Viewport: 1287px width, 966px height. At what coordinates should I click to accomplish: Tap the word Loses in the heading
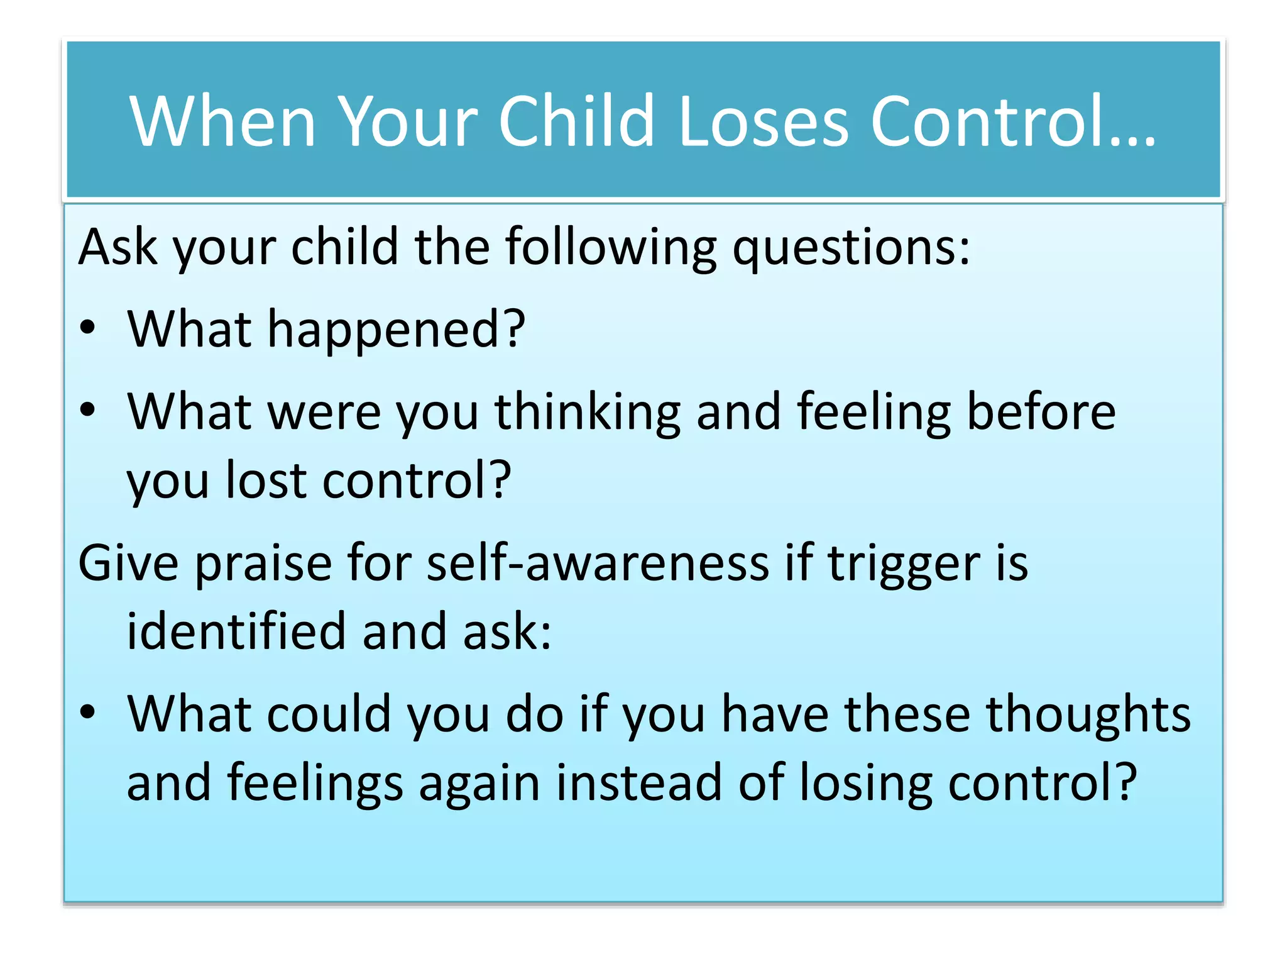[x=763, y=121]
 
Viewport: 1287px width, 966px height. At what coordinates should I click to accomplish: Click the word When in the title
[x=222, y=121]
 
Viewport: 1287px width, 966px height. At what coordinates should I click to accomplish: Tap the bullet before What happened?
[x=88, y=327]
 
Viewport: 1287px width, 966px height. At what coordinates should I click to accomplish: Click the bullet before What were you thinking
[x=88, y=409]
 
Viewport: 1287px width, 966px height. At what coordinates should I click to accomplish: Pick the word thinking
[x=587, y=413]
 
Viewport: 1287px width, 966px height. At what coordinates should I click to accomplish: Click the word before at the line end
[x=1041, y=411]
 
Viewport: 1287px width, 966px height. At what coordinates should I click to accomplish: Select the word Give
[x=128, y=562]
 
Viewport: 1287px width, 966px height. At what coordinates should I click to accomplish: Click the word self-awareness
[x=598, y=562]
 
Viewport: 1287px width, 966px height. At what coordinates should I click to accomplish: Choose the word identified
[x=236, y=631]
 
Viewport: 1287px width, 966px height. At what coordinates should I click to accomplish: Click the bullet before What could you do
[x=88, y=712]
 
